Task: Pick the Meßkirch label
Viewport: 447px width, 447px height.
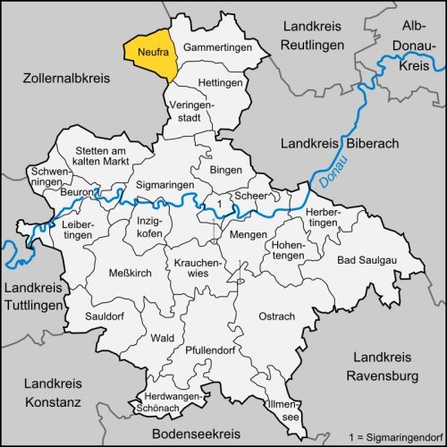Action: [x=126, y=274]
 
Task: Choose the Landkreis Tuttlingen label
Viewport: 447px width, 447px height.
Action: [x=35, y=297]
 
